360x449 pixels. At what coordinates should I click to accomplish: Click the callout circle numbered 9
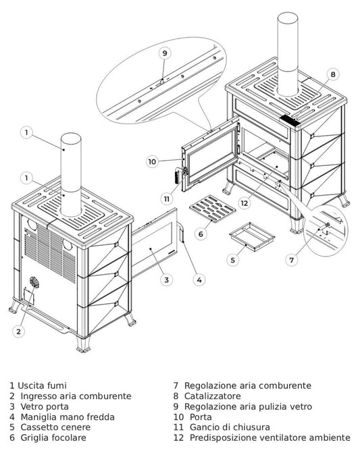tap(164, 53)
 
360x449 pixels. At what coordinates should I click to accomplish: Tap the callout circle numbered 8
tap(332, 74)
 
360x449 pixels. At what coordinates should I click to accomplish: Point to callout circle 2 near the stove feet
tap(19, 331)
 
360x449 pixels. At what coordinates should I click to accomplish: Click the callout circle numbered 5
tap(232, 259)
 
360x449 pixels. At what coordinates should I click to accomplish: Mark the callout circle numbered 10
tap(152, 161)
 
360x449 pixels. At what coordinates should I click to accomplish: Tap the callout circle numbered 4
tap(199, 279)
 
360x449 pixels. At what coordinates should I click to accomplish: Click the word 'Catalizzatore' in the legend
tap(214, 396)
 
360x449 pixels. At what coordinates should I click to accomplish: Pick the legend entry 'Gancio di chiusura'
tap(222, 427)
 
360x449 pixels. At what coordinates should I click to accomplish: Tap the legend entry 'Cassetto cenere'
tap(52, 427)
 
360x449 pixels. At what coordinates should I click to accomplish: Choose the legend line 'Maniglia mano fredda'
tap(61, 417)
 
